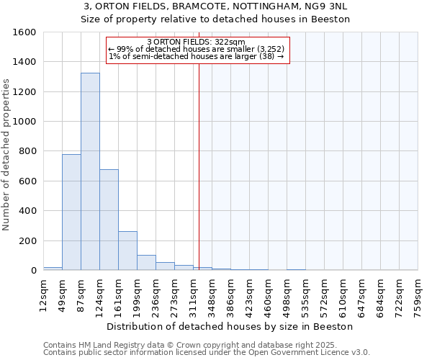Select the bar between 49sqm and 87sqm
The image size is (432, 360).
coord(71,212)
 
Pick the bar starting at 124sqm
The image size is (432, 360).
coord(109,220)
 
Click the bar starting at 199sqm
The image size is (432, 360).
coord(146,263)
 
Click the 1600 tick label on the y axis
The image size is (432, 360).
coord(24,32)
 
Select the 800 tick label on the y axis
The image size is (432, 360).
coord(27,151)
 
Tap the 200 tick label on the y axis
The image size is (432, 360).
coord(27,240)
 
